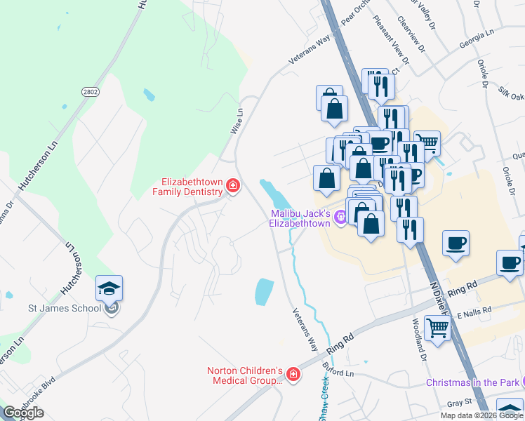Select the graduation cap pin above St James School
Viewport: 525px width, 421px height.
click(x=109, y=289)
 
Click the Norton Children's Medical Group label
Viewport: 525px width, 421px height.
click(x=244, y=375)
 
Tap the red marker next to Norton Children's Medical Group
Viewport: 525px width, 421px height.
click(x=293, y=375)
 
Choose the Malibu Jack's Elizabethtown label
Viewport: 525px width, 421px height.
click(x=300, y=218)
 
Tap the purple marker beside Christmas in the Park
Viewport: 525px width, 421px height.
click(x=520, y=382)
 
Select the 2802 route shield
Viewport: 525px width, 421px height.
click(x=90, y=92)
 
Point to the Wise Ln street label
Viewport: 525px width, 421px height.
click(x=237, y=121)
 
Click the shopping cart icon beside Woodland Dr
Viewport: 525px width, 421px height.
click(x=437, y=327)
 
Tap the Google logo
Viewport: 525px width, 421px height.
click(x=23, y=413)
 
